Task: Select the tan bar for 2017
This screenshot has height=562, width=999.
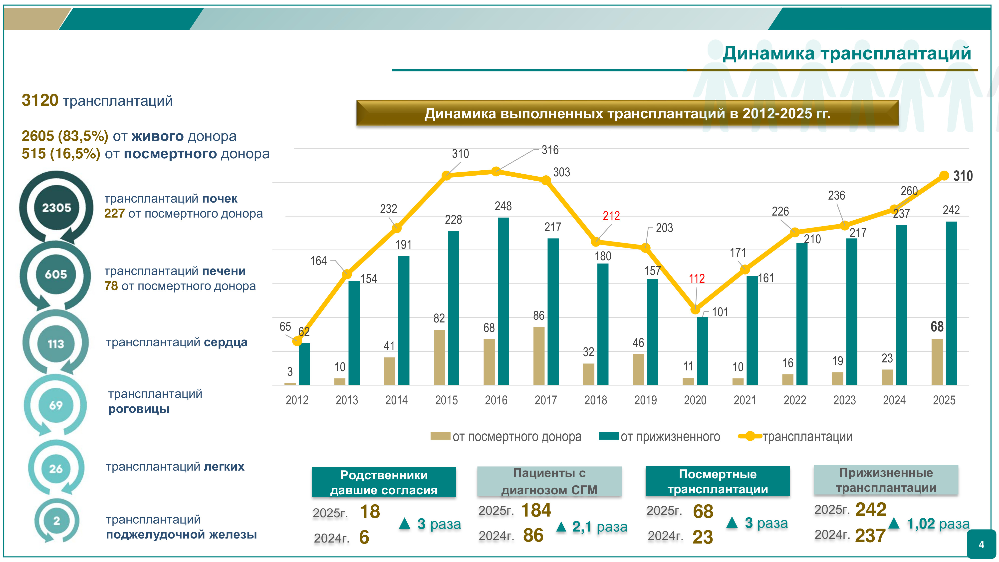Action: pos(539,356)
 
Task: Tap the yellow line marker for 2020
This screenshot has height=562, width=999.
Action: pos(695,309)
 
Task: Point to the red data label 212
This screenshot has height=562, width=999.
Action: pos(611,216)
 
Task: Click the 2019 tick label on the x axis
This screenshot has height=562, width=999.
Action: pos(645,400)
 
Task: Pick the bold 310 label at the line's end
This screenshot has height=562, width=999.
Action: pos(963,176)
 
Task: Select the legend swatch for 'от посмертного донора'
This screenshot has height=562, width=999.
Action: pos(440,436)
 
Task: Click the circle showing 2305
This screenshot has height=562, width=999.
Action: pos(57,208)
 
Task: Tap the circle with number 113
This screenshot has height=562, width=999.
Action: pos(56,344)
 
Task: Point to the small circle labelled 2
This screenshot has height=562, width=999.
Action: pos(57,521)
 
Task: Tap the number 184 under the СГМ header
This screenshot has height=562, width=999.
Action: pos(536,510)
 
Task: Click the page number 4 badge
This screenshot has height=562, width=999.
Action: pos(981,545)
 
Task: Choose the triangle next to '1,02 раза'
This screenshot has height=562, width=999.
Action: pos(894,523)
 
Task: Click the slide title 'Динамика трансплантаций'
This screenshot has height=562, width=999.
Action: pos(847,53)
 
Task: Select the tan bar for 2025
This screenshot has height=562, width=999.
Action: pos(937,362)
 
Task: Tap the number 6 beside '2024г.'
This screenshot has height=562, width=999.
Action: pos(364,537)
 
